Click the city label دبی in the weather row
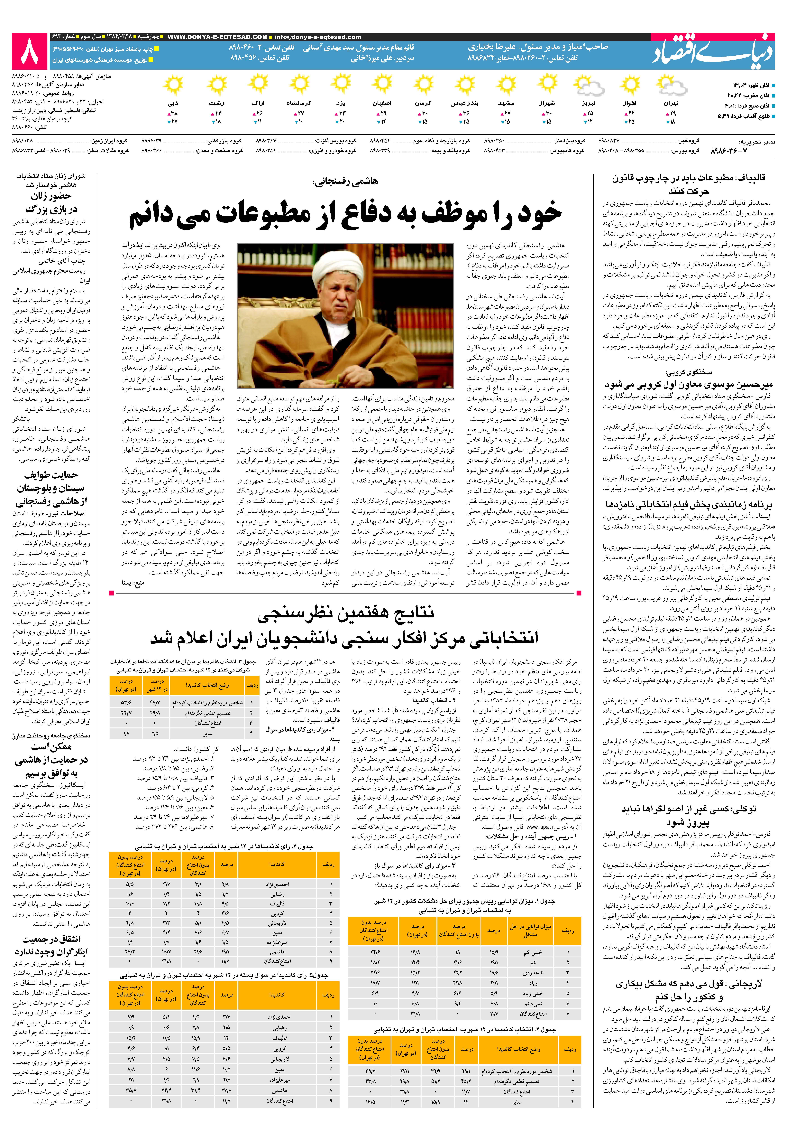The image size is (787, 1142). tap(173, 104)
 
